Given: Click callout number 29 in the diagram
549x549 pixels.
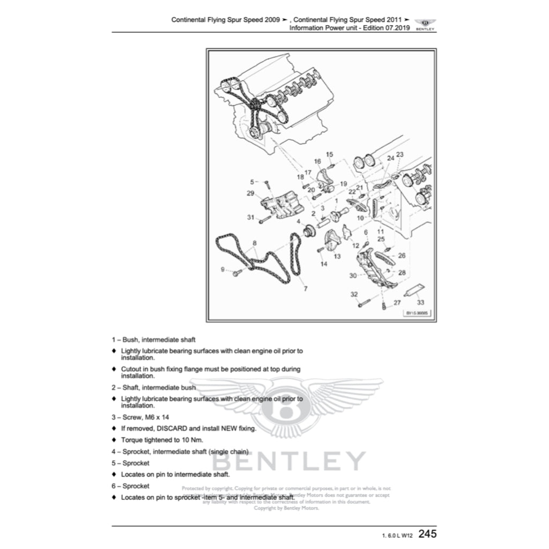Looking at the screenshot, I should [x=250, y=193].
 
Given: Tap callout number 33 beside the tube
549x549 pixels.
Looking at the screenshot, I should [x=420, y=302].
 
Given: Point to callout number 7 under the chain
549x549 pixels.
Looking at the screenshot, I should [x=306, y=289].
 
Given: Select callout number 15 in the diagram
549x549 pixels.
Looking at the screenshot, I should [x=329, y=154].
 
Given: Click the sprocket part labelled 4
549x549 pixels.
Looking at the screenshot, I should [x=308, y=233].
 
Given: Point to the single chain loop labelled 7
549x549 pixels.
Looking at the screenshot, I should [x=295, y=257].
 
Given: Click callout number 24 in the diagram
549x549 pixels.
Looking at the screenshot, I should [x=390, y=158].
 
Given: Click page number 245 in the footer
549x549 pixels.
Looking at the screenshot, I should [x=427, y=534].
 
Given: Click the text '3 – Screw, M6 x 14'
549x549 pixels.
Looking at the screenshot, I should [x=144, y=417].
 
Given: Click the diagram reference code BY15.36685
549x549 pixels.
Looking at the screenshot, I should [x=418, y=313].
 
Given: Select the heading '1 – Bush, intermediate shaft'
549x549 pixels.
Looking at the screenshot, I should [x=153, y=339].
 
